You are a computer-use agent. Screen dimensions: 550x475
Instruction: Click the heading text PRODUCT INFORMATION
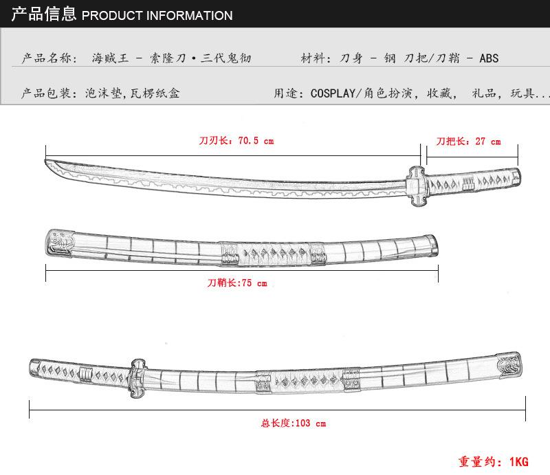click(x=157, y=15)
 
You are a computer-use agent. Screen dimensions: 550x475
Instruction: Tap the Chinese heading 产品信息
click(x=43, y=14)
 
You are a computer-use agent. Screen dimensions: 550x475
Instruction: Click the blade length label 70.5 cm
click(x=236, y=141)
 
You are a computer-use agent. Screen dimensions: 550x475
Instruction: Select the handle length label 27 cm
click(x=468, y=142)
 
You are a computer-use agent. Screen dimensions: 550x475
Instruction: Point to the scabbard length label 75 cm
click(x=237, y=283)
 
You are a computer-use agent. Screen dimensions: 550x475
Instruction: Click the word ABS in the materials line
click(x=488, y=58)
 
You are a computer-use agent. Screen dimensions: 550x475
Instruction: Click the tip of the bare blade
click(x=48, y=163)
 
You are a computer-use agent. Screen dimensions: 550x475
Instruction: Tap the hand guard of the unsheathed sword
click(x=417, y=185)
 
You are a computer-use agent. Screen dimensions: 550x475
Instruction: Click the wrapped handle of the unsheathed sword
click(x=474, y=182)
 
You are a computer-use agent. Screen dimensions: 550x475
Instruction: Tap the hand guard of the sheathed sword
click(x=135, y=379)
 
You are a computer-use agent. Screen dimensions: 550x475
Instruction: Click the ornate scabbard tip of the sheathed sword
click(x=507, y=366)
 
